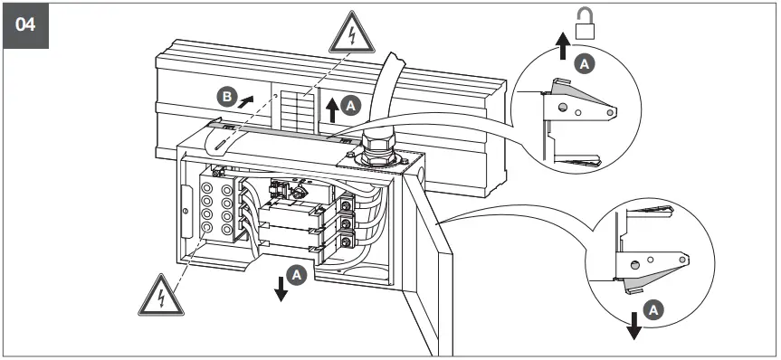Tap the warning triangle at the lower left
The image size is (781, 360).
pos(158,294)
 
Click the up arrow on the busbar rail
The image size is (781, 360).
pos(332,108)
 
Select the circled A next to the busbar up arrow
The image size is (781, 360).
pos(352,106)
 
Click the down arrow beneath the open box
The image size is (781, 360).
pos(281,287)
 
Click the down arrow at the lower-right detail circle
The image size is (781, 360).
pos(633,323)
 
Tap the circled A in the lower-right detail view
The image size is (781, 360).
pos(658,308)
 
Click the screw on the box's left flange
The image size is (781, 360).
pos(185,212)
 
